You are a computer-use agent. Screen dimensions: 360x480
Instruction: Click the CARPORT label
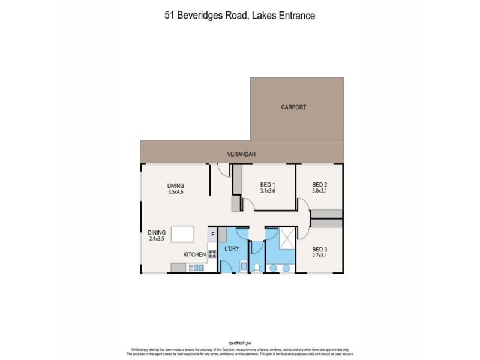(293, 107)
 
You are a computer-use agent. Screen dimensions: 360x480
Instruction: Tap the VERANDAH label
(241, 154)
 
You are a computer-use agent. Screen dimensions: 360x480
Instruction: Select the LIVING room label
(176, 185)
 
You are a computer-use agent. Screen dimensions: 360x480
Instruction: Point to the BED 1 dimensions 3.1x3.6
(267, 191)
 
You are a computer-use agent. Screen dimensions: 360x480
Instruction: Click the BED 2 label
(320, 184)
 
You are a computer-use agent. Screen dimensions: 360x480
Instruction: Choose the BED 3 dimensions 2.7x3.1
(320, 256)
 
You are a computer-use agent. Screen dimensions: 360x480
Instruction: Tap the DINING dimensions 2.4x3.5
(159, 239)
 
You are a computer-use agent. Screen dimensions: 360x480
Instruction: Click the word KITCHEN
(194, 255)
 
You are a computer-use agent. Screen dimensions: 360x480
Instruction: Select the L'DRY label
(232, 248)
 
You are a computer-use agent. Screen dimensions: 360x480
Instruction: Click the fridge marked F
(212, 234)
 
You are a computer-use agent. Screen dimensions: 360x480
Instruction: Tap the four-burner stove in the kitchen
(212, 254)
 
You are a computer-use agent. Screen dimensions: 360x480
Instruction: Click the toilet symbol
(256, 267)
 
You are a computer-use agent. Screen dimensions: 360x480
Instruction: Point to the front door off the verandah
(224, 170)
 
